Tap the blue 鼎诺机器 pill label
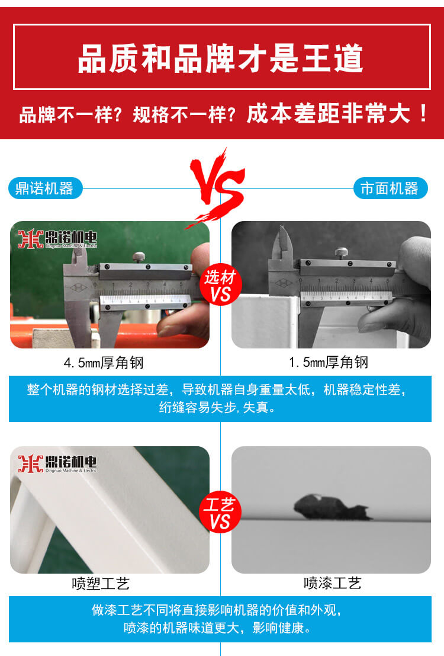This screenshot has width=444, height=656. click(45, 188)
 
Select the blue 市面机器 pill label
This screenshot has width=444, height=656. click(390, 188)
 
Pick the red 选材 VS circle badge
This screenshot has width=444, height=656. click(220, 285)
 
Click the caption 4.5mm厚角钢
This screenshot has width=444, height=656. click(104, 362)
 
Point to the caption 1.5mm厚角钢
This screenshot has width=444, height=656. click(329, 362)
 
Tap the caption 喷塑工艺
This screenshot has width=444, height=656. click(101, 583)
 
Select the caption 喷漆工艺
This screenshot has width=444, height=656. click(332, 583)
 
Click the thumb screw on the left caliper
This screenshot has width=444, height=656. click(139, 257)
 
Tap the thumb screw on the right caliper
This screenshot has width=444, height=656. click(341, 253)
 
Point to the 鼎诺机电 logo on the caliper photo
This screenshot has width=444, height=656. click(57, 238)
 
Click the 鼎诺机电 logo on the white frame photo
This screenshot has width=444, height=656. click(57, 463)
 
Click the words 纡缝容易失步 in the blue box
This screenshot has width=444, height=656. click(197, 407)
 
